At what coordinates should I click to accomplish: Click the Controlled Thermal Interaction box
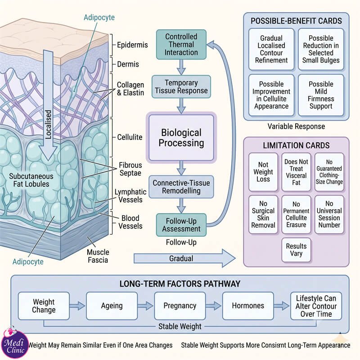click(x=181, y=45)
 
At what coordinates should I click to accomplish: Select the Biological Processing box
click(x=181, y=138)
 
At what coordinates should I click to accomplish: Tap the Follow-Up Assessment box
click(x=181, y=225)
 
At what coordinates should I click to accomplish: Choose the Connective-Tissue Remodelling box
click(x=181, y=187)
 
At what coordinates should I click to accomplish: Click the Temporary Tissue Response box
click(x=181, y=87)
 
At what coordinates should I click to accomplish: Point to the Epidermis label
click(x=132, y=45)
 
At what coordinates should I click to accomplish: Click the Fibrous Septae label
click(x=130, y=169)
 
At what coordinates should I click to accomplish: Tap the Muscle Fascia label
click(x=98, y=256)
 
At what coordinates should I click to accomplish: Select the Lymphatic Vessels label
click(x=130, y=196)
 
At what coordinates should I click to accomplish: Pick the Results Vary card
click(x=296, y=250)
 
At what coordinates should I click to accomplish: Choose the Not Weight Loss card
click(x=263, y=172)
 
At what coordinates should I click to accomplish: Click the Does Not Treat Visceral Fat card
click(x=296, y=172)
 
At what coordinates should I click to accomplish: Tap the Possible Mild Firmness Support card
click(x=321, y=95)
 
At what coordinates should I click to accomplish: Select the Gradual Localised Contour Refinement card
click(x=271, y=49)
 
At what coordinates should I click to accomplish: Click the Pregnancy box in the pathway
click(x=180, y=306)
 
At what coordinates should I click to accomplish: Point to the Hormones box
click(x=248, y=306)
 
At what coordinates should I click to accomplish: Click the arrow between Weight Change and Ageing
click(x=77, y=306)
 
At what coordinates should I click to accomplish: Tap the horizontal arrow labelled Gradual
click(x=184, y=258)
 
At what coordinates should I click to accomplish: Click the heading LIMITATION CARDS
click(x=296, y=145)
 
